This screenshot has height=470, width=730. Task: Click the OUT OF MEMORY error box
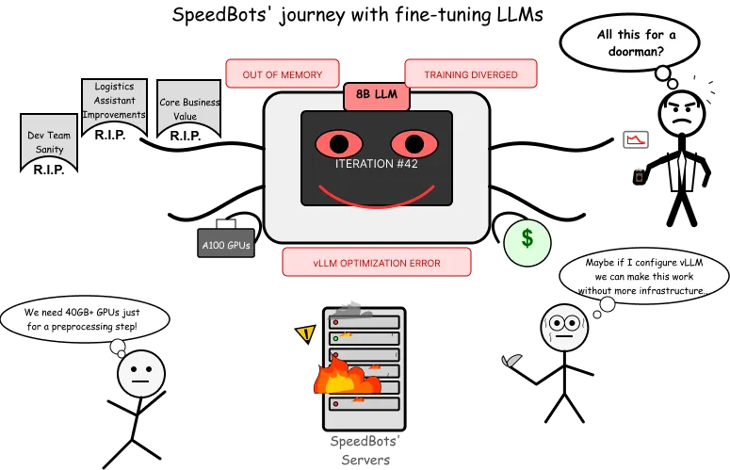[283, 74]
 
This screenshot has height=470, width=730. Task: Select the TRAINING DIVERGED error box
[471, 74]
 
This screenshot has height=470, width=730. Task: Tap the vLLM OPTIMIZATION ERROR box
[377, 263]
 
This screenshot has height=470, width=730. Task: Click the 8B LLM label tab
[377, 95]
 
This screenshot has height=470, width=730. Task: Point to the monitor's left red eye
[339, 144]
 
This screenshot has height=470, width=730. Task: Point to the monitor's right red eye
[414, 144]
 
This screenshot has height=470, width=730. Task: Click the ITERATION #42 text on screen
[377, 163]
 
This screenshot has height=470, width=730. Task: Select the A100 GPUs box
[226, 245]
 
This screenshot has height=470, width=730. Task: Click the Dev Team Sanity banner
[48, 141]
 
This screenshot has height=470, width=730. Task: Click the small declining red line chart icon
[636, 140]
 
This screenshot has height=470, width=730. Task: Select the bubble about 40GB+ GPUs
[85, 319]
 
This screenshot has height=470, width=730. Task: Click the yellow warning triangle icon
[304, 332]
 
